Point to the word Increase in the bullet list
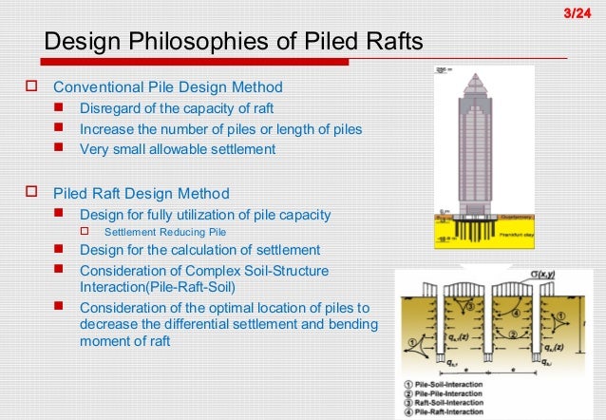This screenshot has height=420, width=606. click(106, 128)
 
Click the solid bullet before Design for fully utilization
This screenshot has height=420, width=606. click(59, 214)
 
